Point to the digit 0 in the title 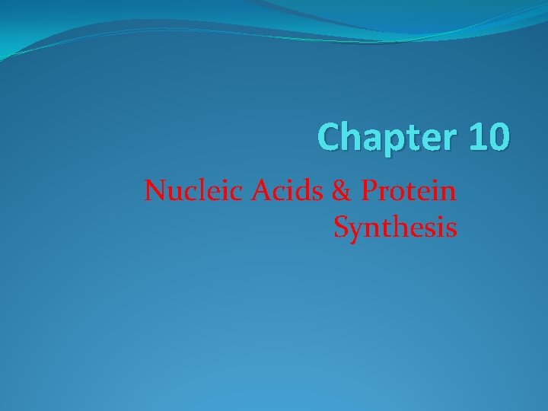499,137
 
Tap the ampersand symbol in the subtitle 345,190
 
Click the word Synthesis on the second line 395,227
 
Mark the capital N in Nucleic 155,190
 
